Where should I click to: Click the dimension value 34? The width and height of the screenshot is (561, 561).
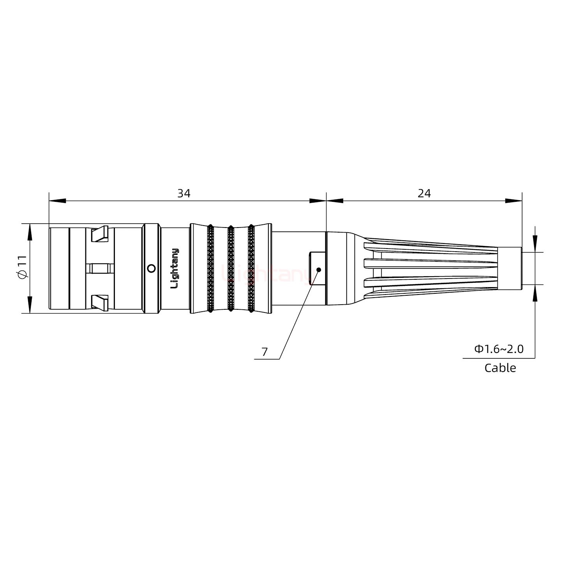(184, 193)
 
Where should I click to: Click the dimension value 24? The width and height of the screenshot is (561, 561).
(424, 193)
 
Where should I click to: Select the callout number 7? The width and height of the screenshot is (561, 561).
(265, 352)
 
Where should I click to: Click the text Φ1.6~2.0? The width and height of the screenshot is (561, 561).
(499, 349)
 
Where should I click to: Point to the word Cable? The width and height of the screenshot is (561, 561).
(500, 368)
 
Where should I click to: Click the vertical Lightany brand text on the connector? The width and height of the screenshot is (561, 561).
(175, 268)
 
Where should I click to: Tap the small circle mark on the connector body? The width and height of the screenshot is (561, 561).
(152, 268)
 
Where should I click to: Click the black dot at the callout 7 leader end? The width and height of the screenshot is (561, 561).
(319, 270)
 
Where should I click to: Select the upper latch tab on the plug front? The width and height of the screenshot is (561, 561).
(99, 235)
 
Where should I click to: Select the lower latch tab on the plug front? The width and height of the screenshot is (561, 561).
(99, 302)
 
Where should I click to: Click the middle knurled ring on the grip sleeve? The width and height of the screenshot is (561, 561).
(231, 268)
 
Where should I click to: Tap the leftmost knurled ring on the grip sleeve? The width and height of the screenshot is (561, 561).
(210, 268)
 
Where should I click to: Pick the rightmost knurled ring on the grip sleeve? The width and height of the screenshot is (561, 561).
(251, 268)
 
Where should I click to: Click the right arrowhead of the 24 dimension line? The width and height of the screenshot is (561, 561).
(513, 201)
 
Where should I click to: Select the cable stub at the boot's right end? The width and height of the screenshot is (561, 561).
(510, 268)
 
